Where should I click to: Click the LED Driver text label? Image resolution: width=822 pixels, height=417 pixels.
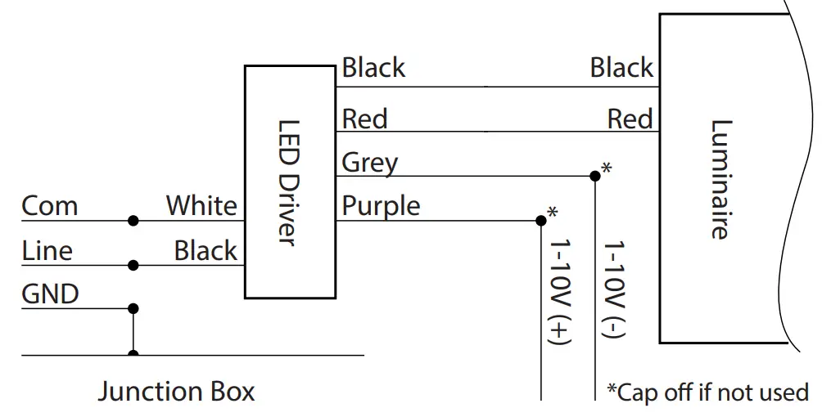pos(288,183)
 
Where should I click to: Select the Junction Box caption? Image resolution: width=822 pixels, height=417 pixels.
pos(177,392)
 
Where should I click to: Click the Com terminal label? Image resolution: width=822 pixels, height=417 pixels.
pos(50,206)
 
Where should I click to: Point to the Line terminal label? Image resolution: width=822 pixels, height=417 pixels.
pos(47,250)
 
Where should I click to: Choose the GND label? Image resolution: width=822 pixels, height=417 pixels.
pos(50,294)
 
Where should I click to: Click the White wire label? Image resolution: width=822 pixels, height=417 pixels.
pos(202,205)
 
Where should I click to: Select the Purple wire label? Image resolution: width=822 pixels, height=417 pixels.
pos(382,206)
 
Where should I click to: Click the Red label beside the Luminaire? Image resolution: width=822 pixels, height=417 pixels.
pos(630,119)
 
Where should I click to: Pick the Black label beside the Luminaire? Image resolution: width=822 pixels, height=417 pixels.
pos(621,68)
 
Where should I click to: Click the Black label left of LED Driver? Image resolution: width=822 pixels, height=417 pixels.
pos(205,250)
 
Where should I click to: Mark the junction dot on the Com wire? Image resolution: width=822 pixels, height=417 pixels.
pos(133,221)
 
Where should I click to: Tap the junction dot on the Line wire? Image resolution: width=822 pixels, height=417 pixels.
pos(133,265)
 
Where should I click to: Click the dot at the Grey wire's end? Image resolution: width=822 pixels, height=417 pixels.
pos(595,176)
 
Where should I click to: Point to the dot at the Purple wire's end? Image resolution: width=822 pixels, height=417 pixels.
pos(541,221)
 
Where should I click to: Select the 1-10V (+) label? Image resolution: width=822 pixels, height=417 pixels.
pos(559,292)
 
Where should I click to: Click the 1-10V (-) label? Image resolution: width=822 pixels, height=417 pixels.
pos(613,289)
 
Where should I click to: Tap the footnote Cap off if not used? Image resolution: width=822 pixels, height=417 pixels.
pos(708,392)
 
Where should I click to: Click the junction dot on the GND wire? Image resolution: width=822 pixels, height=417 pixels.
pos(133,308)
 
